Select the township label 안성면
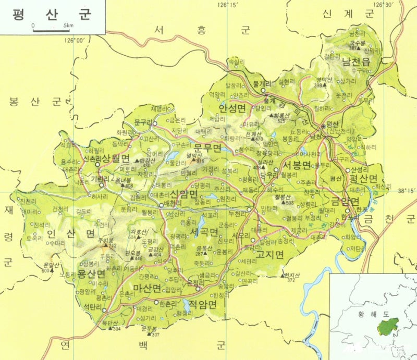tap(231, 108)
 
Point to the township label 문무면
tap(208, 149)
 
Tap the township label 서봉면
tap(296, 165)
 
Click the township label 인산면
tap(63, 233)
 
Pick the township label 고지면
tap(269, 255)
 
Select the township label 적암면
tap(202, 305)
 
